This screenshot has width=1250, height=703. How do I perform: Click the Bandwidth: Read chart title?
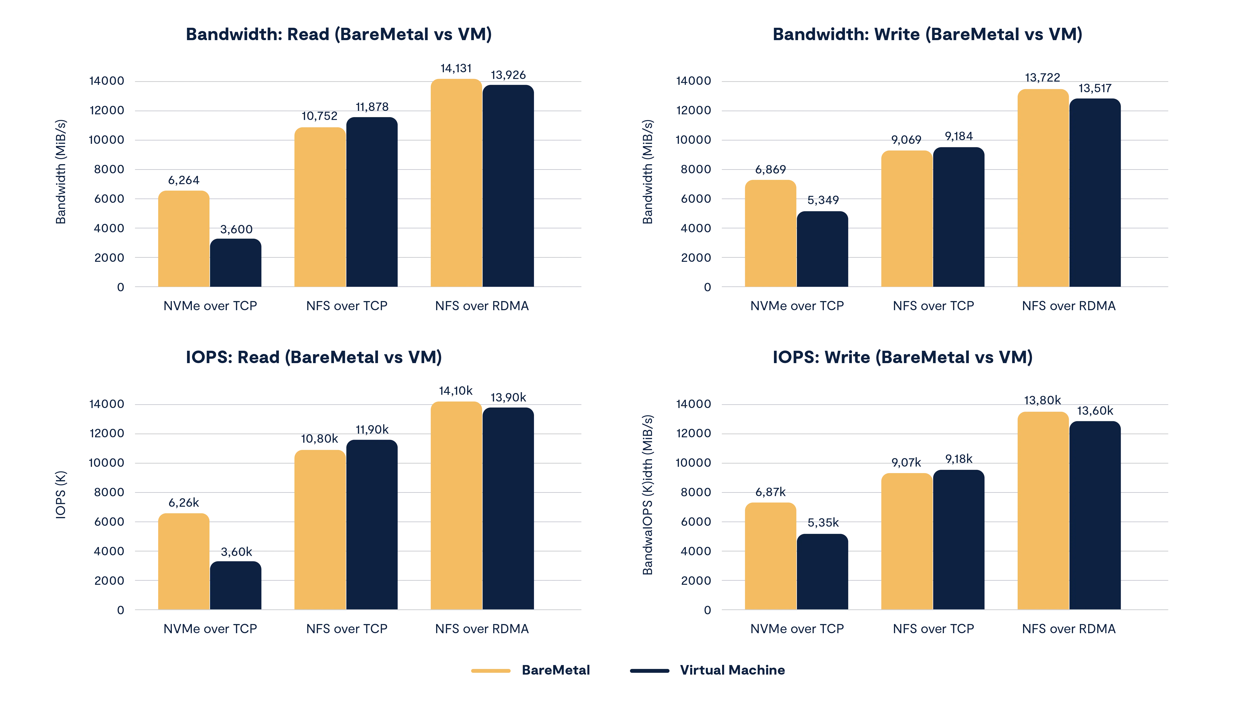tap(338, 35)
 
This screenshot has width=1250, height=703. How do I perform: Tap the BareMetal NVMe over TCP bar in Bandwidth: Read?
tap(184, 239)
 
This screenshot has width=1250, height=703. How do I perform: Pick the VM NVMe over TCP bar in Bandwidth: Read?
tap(236, 263)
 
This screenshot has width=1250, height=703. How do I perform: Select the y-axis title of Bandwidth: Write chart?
tap(648, 172)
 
